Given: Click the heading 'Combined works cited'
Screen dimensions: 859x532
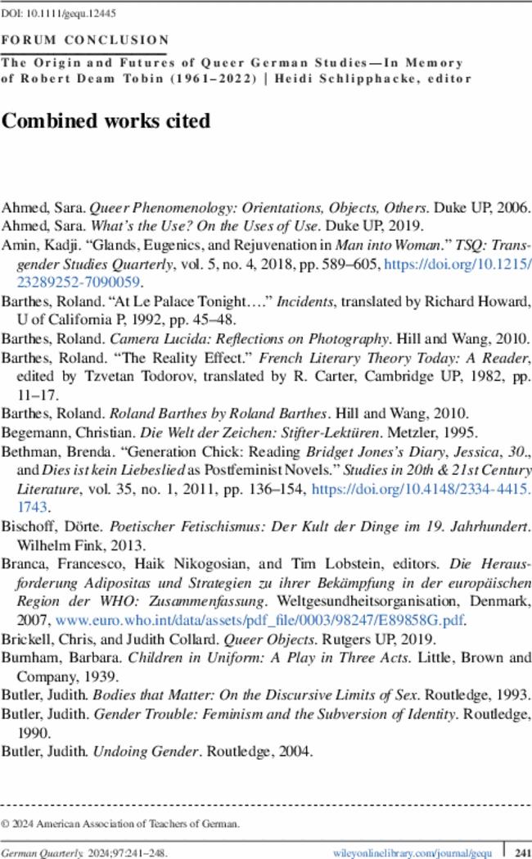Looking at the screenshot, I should point(106,121).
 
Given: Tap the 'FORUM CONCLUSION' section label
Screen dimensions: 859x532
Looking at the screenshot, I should point(86,38).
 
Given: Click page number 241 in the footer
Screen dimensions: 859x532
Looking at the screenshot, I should point(517,852).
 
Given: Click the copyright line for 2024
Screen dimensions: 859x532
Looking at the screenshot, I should point(120,824).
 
